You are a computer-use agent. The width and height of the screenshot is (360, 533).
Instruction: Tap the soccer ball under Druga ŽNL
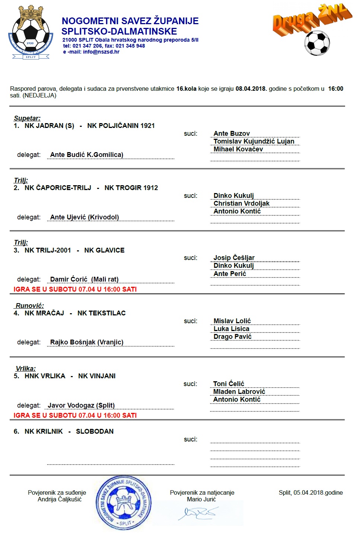pyautogui.click(x=317, y=43)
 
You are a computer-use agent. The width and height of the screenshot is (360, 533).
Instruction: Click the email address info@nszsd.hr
pyautogui.click(x=101, y=52)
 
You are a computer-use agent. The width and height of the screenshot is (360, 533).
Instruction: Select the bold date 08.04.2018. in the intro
pyautogui.click(x=251, y=89)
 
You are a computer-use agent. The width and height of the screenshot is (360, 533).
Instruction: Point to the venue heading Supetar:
pyautogui.click(x=27, y=118)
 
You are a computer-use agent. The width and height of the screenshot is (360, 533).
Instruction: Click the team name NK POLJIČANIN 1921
pyautogui.click(x=121, y=126)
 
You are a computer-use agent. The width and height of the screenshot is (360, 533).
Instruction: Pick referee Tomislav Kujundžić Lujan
pyautogui.click(x=254, y=141)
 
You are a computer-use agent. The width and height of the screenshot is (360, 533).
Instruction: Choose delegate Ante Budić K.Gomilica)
pyautogui.click(x=87, y=155)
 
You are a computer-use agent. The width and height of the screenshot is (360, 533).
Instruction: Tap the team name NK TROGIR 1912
pyautogui.click(x=131, y=188)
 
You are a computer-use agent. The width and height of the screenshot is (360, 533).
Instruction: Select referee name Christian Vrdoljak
pyautogui.click(x=241, y=203)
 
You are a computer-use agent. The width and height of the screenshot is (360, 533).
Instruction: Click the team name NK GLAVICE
pyautogui.click(x=104, y=250)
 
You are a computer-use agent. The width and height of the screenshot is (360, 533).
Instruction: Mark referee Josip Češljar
pyautogui.click(x=234, y=258)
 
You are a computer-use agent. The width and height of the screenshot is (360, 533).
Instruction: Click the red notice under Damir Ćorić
pyautogui.click(x=75, y=289)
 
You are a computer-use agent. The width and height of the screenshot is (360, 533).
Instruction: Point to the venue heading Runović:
pyautogui.click(x=29, y=306)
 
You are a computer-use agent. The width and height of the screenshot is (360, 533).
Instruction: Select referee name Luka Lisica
pyautogui.click(x=231, y=329)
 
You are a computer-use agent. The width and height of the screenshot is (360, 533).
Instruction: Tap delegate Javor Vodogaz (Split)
pyautogui.click(x=81, y=405)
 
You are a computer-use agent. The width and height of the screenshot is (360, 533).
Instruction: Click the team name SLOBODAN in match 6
pyautogui.click(x=95, y=431)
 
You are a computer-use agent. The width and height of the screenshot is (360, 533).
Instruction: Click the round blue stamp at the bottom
pyautogui.click(x=124, y=503)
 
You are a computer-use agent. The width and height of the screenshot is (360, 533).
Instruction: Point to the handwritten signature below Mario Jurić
pyautogui.click(x=197, y=513)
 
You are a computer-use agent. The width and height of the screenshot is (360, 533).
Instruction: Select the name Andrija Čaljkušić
pyautogui.click(x=60, y=500)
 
